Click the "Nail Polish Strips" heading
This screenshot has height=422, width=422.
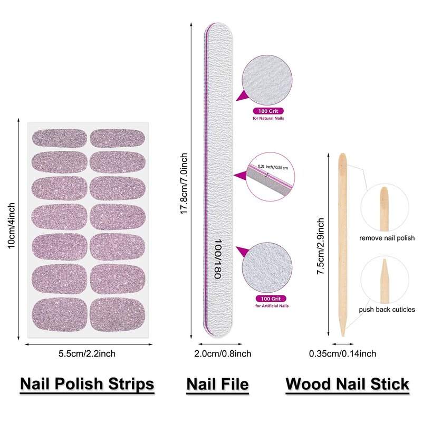coord(87,384)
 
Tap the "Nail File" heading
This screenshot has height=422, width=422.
coord(217,384)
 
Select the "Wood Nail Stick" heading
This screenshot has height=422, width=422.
coord(347,384)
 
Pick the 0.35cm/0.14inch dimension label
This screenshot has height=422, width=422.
coord(342,353)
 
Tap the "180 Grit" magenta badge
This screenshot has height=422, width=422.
coord(268,111)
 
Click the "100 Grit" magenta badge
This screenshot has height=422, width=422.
coord(268,299)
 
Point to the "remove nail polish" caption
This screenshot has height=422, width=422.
coord(387,238)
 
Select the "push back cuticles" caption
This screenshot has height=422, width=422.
coord(387,310)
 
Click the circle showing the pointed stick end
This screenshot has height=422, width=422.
coord(384,279)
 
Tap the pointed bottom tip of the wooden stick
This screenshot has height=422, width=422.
coord(343,333)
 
